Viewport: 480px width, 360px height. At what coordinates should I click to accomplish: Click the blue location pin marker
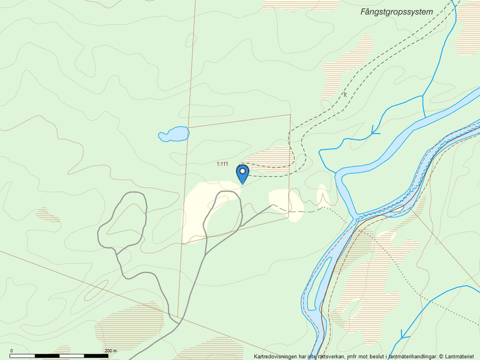[243, 174]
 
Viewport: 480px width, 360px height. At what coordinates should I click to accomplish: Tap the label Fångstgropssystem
[396, 11]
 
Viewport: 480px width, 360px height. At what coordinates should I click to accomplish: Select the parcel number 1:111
[222, 164]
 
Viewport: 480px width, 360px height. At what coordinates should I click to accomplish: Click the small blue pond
[174, 134]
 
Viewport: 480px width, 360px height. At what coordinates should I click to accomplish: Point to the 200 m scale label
[111, 351]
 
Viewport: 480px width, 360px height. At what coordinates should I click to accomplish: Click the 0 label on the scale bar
[12, 351]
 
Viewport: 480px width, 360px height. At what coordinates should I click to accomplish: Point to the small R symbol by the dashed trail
[344, 94]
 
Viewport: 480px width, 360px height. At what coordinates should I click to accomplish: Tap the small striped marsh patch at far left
[47, 214]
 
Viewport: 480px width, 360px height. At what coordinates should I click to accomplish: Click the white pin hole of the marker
[243, 171]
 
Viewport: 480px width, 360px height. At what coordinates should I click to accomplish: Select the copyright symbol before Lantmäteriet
[442, 356]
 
